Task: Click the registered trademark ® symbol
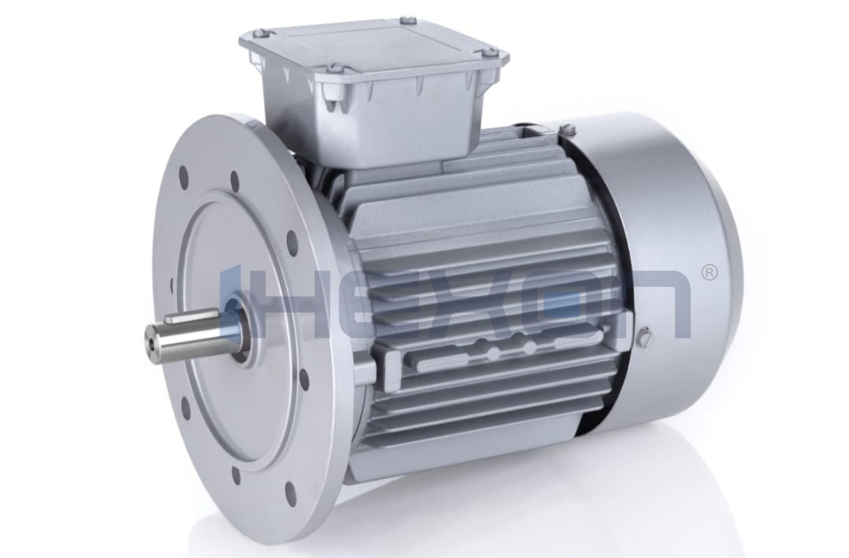(708, 272)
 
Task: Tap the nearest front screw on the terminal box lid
(334, 68)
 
